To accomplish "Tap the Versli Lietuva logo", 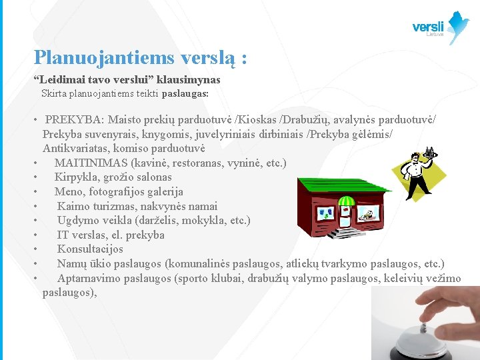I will [x=441, y=27].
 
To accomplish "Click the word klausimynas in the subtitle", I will [x=188, y=80].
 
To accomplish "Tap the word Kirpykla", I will [x=75, y=177].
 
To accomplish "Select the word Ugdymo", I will [x=75, y=221].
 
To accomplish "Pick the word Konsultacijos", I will [x=90, y=249].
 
